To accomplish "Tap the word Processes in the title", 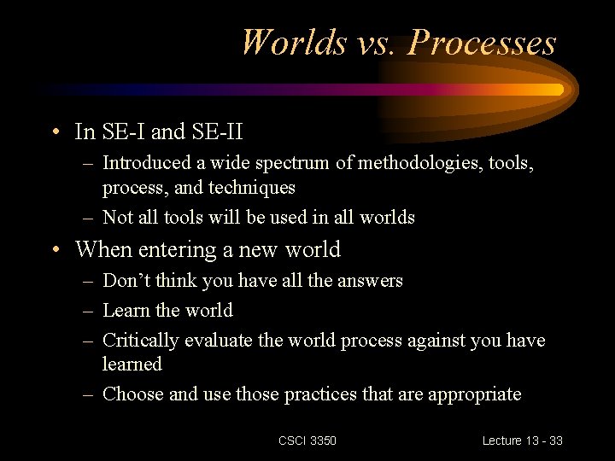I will point(482,42).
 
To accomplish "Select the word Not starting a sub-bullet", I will point(117,217).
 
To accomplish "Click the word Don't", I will point(125,280).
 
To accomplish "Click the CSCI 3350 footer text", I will point(307,441).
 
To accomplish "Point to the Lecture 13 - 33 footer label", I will point(522,441).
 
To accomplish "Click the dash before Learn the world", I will point(88,310).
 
